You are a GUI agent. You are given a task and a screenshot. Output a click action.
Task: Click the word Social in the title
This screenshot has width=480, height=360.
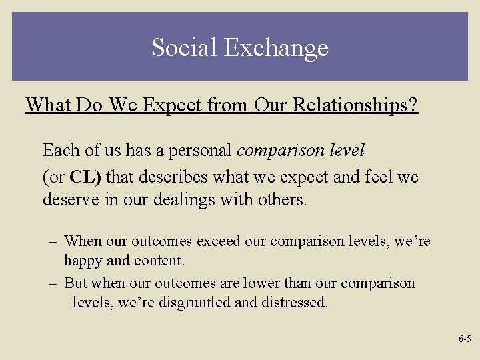pos(185,47)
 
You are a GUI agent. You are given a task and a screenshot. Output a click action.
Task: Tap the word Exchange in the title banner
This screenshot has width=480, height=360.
pos(276,47)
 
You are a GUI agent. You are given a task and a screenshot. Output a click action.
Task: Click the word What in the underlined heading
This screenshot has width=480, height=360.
pos(49,105)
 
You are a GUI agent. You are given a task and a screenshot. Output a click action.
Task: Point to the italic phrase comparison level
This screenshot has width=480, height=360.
pos(301,151)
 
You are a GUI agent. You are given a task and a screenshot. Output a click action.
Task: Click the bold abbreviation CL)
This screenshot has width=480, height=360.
pos(86,177)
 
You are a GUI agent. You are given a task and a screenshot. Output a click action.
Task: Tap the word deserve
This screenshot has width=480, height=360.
pos(70,199)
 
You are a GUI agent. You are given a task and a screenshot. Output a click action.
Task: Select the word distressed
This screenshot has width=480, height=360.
pos(295,302)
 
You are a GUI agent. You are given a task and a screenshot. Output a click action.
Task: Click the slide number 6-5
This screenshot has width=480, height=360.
pos(465,339)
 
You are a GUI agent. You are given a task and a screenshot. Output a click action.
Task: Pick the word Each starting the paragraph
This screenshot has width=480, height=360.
pos(58,151)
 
